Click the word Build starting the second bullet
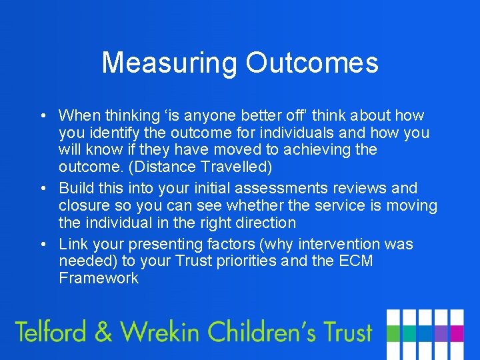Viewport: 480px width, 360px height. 75,188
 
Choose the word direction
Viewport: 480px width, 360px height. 261,223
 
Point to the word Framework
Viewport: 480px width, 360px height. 99,279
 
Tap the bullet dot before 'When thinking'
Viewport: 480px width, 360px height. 42,116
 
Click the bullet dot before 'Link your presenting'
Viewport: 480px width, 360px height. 42,245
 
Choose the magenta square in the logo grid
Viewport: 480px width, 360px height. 457,333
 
